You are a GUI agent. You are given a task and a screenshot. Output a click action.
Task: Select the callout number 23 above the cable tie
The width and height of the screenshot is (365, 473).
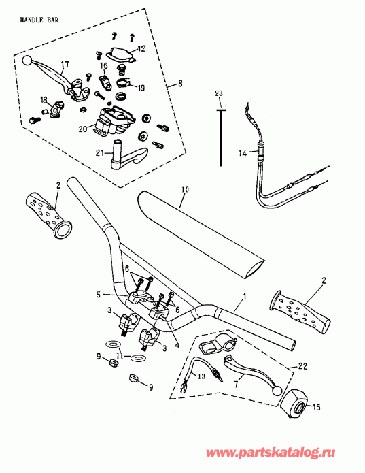(219, 93)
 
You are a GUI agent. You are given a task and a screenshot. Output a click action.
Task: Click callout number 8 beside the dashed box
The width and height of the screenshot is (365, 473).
(179, 84)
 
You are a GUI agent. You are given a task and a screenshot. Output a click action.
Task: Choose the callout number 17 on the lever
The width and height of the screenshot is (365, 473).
(65, 65)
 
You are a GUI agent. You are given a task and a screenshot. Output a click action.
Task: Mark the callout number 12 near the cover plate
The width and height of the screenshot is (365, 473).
(141, 48)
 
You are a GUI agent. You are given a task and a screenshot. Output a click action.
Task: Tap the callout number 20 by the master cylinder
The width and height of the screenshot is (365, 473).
(82, 128)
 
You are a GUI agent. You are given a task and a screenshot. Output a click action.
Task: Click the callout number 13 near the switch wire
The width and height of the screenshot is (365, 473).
(201, 376)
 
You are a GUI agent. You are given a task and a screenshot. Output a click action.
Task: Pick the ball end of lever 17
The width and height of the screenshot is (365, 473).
(27, 61)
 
